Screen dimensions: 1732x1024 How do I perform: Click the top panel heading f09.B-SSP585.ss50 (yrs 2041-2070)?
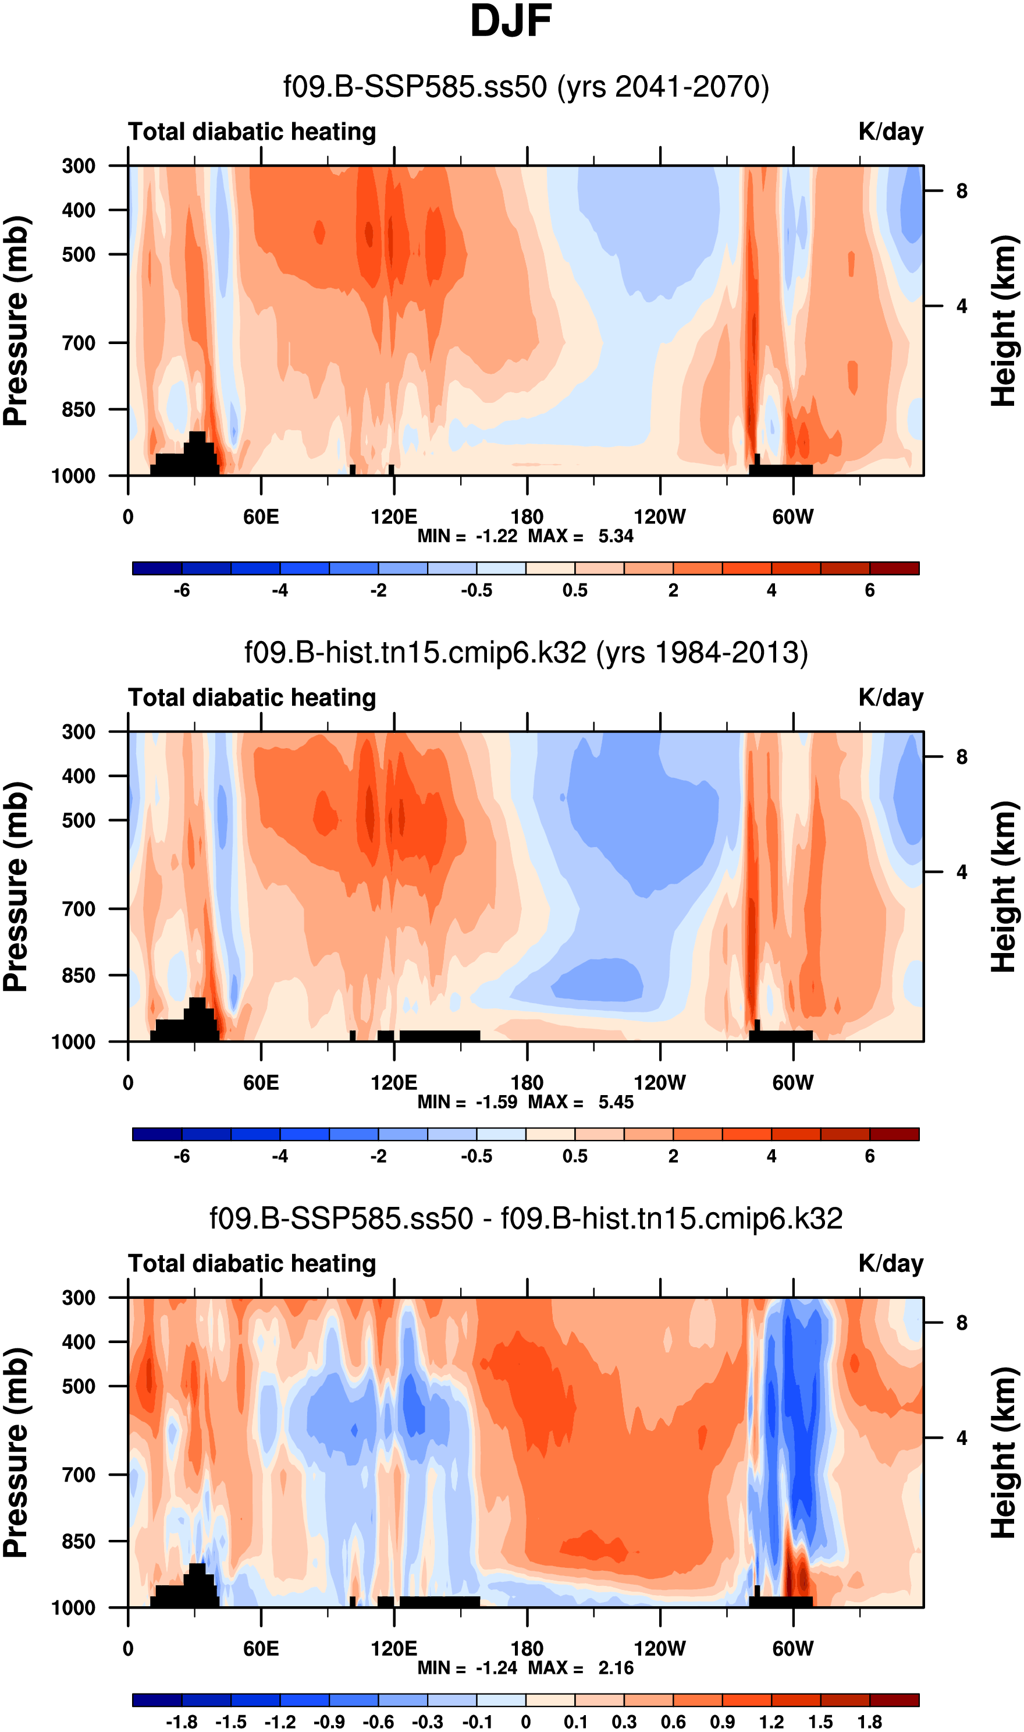pyautogui.click(x=526, y=87)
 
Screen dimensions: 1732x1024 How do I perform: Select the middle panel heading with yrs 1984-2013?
pyautogui.click(x=526, y=653)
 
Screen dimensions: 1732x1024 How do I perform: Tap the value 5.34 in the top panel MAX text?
pyautogui.click(x=616, y=536)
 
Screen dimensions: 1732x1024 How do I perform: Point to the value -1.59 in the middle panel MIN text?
pyautogui.click(x=496, y=1101)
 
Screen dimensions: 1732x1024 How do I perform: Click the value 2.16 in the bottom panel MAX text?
pyautogui.click(x=616, y=1668)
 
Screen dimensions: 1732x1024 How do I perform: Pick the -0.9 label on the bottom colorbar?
pyautogui.click(x=329, y=1716)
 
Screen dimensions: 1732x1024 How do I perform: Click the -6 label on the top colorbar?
pyautogui.click(x=182, y=590)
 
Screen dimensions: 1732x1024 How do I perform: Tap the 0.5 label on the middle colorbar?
pyautogui.click(x=575, y=1156)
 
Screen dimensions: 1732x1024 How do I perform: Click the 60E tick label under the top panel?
pyautogui.click(x=261, y=517)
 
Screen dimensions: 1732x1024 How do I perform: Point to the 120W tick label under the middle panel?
pyautogui.click(x=660, y=1082)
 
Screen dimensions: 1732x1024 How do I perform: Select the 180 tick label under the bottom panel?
pyautogui.click(x=527, y=1649)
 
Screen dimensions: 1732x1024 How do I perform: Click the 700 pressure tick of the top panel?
pyautogui.click(x=79, y=342)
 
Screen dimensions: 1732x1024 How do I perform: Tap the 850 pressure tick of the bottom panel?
pyautogui.click(x=79, y=1541)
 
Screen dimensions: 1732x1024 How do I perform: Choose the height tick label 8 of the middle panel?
pyautogui.click(x=962, y=757)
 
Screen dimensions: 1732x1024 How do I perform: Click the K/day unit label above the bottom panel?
pyautogui.click(x=890, y=1263)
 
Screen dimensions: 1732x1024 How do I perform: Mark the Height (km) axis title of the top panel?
pyautogui.click(x=1005, y=321)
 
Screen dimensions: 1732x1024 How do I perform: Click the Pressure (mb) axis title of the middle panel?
pyautogui.click(x=15, y=887)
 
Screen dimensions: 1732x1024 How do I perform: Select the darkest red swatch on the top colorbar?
pyautogui.click(x=894, y=568)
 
